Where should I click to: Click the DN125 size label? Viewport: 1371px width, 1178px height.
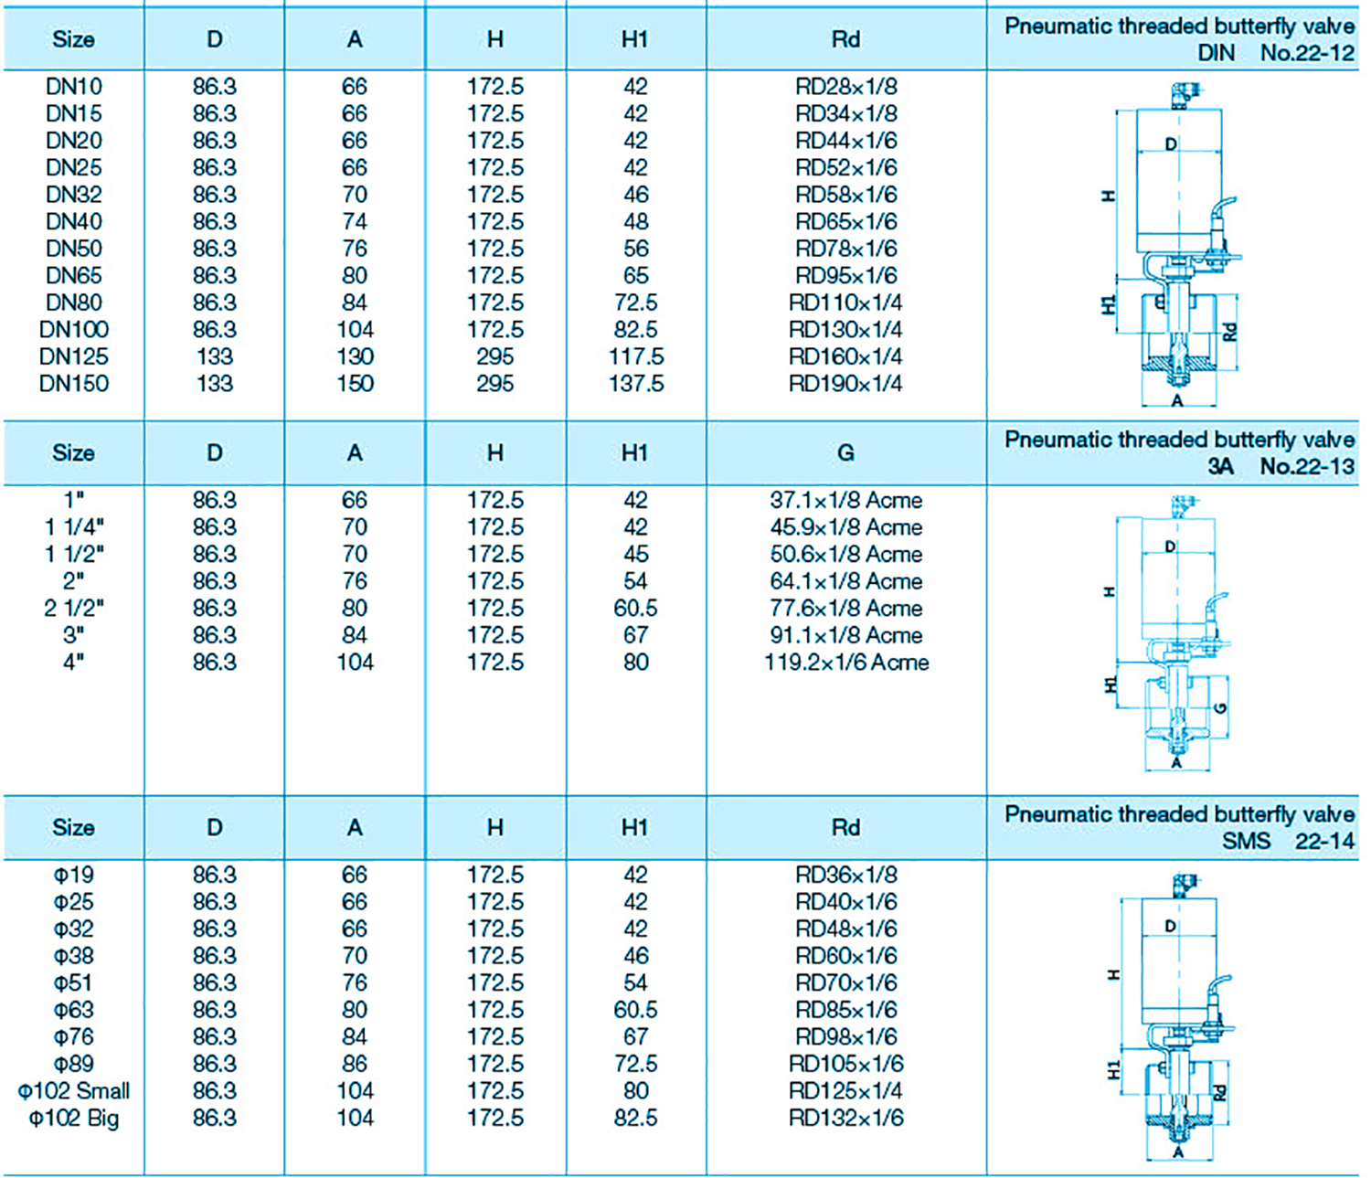pos(73,356)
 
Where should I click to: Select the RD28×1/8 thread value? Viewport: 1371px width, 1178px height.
pos(845,87)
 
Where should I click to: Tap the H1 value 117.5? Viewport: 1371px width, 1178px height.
pos(635,356)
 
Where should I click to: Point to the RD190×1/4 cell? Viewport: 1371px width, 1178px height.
pos(845,384)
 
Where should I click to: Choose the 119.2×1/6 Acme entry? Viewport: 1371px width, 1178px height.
pos(846,663)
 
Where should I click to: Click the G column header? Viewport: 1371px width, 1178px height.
pos(845,453)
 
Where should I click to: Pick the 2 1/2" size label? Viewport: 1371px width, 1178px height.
pos(73,609)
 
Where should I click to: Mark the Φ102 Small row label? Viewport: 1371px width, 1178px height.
pos(73,1091)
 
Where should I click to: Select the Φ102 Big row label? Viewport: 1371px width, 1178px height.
pos(73,1119)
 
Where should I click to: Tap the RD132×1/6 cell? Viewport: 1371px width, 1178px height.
pos(845,1119)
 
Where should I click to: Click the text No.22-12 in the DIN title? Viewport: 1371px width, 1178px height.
pos(1306,53)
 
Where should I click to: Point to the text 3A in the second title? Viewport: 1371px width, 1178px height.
pos(1220,467)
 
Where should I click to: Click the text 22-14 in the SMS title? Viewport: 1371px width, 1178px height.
pos(1323,841)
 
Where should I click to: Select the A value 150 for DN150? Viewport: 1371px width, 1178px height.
pos(355,384)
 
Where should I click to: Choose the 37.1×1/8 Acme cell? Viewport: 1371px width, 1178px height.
pos(845,501)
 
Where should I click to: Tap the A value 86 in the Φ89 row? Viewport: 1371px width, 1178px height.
pos(355,1064)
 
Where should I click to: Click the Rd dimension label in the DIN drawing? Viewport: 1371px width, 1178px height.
pos(1230,331)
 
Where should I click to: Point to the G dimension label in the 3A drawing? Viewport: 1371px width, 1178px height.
pos(1221,707)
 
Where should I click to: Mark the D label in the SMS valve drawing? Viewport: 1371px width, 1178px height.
pos(1171,927)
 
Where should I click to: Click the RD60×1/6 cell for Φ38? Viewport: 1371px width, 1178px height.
pos(845,956)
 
